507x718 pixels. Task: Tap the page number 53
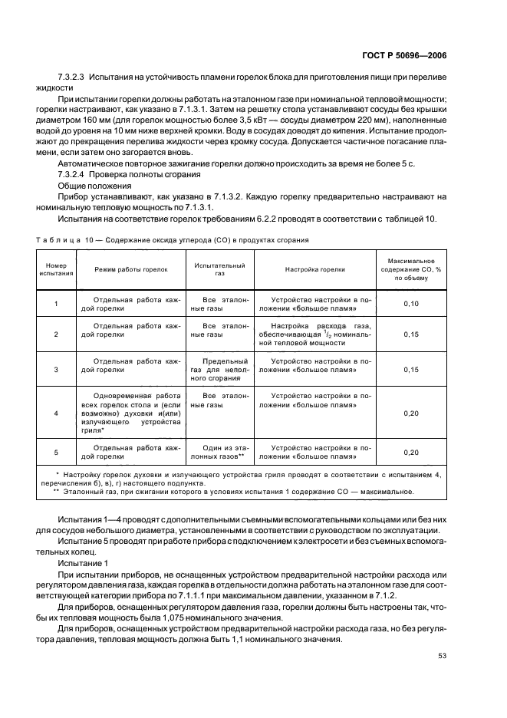click(x=442, y=655)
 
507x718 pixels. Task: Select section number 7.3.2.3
click(x=74, y=79)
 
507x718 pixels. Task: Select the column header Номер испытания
click(x=56, y=269)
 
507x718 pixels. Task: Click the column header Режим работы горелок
click(x=128, y=269)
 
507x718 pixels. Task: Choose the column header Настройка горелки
click(x=314, y=269)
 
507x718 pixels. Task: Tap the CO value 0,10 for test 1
click(x=411, y=305)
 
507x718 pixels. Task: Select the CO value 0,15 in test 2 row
click(x=411, y=334)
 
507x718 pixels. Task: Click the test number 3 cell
click(x=56, y=369)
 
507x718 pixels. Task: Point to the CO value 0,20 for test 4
click(x=411, y=413)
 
